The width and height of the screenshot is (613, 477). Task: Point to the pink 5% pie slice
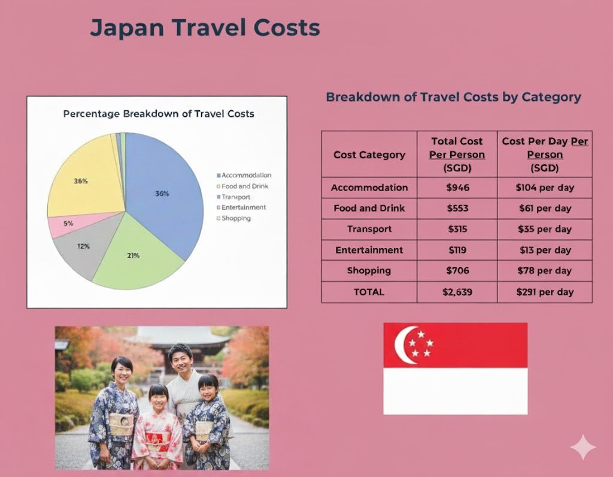coord(66,225)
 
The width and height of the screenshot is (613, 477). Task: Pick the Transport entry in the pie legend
coord(236,197)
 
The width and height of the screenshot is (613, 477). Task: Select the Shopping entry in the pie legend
coord(236,218)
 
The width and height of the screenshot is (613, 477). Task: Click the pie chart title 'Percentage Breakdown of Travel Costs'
coord(159,114)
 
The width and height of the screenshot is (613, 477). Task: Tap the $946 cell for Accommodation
coord(457,188)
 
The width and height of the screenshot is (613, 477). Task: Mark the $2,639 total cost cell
coord(457,292)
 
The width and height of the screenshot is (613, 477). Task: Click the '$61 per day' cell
coord(544,209)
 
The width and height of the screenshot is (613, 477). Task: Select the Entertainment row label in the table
coord(369,250)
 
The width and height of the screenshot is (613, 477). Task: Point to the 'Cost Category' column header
coord(369,155)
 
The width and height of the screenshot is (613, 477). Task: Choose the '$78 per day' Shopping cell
coord(544,271)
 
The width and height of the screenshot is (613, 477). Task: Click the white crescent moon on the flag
coord(400,345)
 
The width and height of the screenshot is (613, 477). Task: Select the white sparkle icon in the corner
coord(582,447)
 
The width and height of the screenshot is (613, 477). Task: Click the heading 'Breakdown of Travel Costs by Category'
coord(453,97)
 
